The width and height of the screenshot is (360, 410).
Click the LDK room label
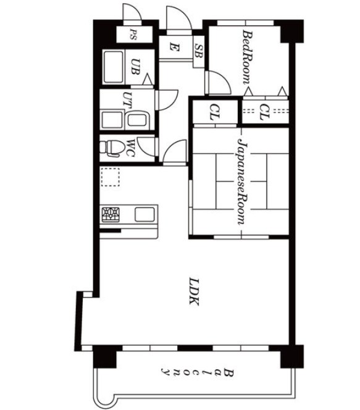pyautogui.click(x=194, y=291)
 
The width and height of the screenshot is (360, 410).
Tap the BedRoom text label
pyautogui.click(x=248, y=57)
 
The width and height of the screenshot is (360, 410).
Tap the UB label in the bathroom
pyautogui.click(x=135, y=67)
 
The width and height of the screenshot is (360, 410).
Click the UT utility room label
pyautogui.click(x=127, y=99)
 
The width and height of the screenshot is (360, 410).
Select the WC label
pyautogui.click(x=130, y=148)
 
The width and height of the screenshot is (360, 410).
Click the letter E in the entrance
pyautogui.click(x=174, y=48)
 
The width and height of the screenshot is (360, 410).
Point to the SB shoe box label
pyautogui.click(x=199, y=51)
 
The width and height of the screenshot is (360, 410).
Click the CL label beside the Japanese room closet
pyautogui.click(x=215, y=112)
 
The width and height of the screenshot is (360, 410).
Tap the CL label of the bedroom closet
pyautogui.click(x=264, y=112)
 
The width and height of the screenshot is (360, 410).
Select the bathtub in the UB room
pyautogui.click(x=114, y=67)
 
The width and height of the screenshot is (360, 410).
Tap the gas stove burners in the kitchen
pyautogui.click(x=111, y=215)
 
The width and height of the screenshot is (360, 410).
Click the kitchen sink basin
pyautogui.click(x=144, y=214)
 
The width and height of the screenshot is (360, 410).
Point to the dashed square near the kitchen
pyautogui.click(x=111, y=177)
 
